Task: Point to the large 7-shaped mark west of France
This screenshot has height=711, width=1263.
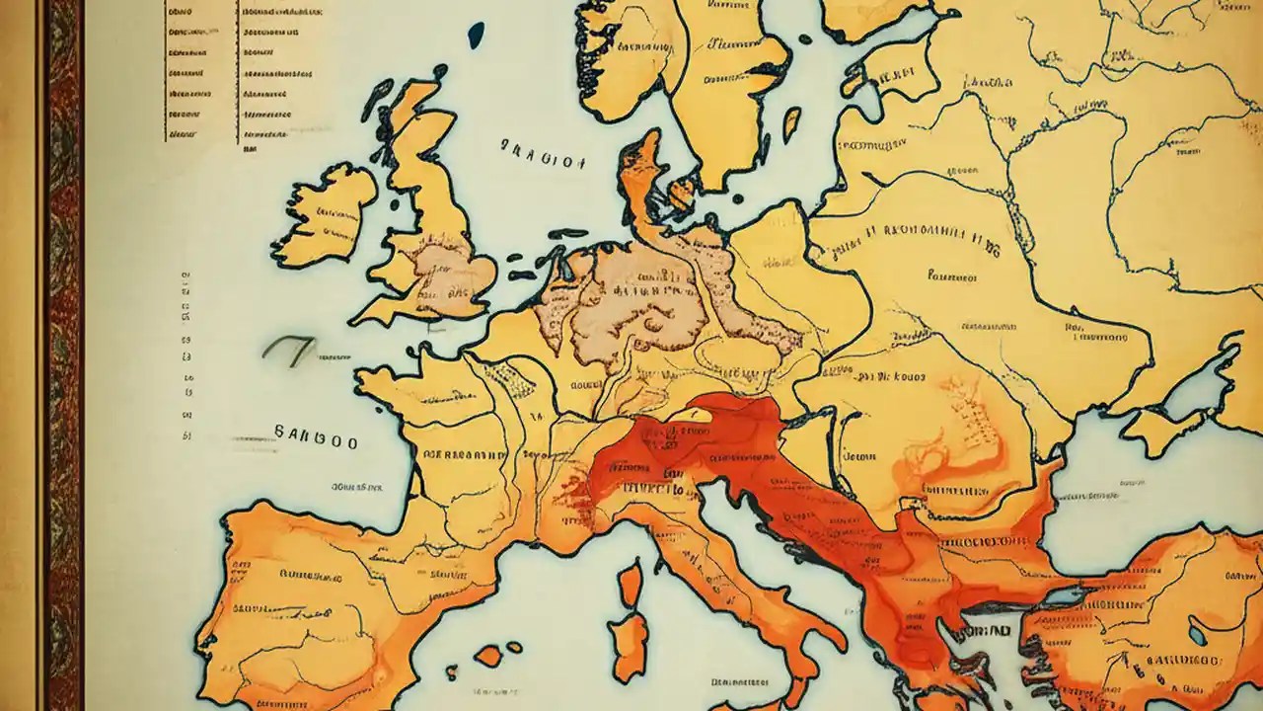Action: [289, 349]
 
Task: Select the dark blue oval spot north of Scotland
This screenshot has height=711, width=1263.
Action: [477, 35]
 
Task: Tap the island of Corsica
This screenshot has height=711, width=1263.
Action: [631, 583]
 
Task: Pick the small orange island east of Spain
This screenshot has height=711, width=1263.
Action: [488, 655]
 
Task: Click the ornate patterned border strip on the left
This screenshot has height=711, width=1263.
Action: [62, 355]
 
